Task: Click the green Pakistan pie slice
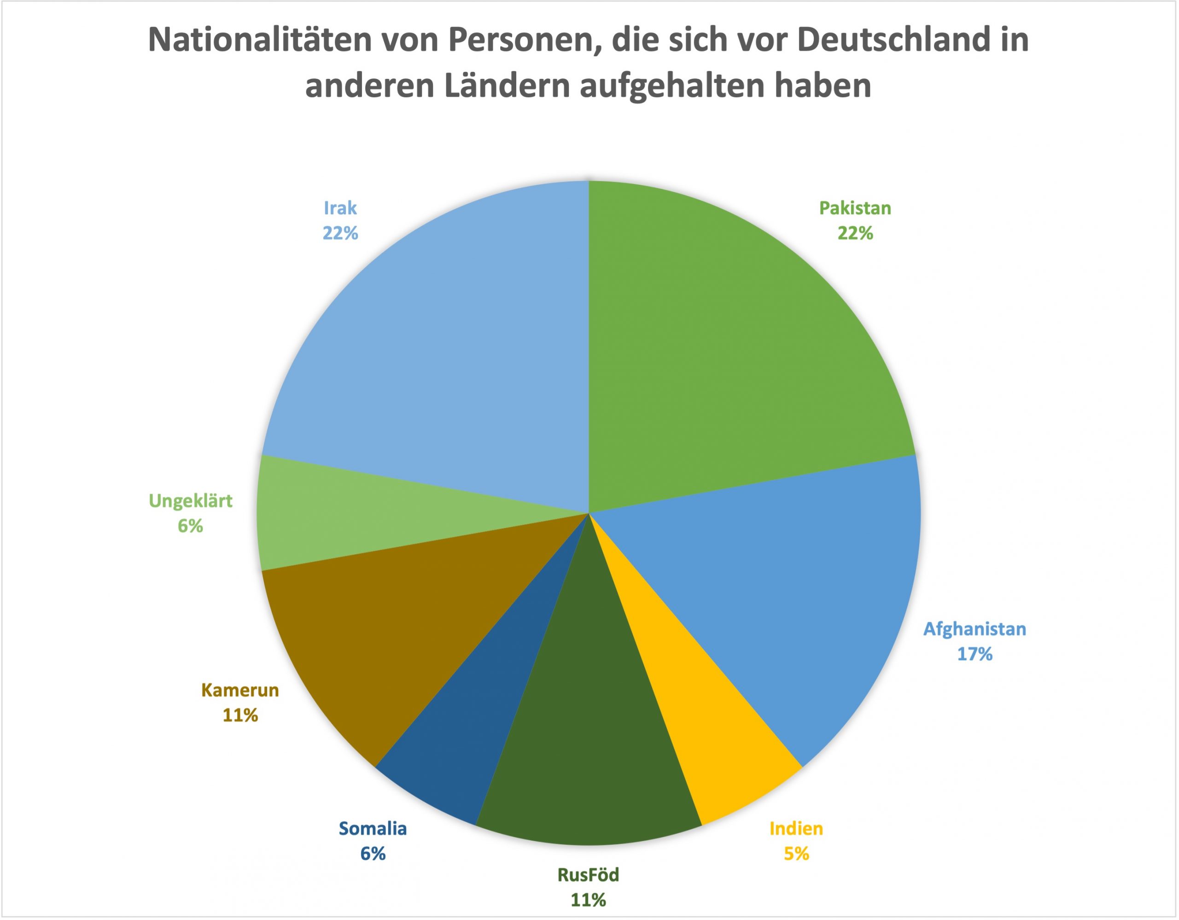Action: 729,346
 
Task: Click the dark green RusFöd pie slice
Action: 589,756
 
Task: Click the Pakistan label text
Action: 855,208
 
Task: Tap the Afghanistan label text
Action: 975,629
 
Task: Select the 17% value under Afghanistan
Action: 975,654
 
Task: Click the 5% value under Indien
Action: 796,854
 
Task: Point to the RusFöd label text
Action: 589,875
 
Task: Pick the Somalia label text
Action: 373,829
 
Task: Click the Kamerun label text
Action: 240,690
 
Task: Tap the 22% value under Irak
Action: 340,233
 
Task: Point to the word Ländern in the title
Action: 508,87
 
